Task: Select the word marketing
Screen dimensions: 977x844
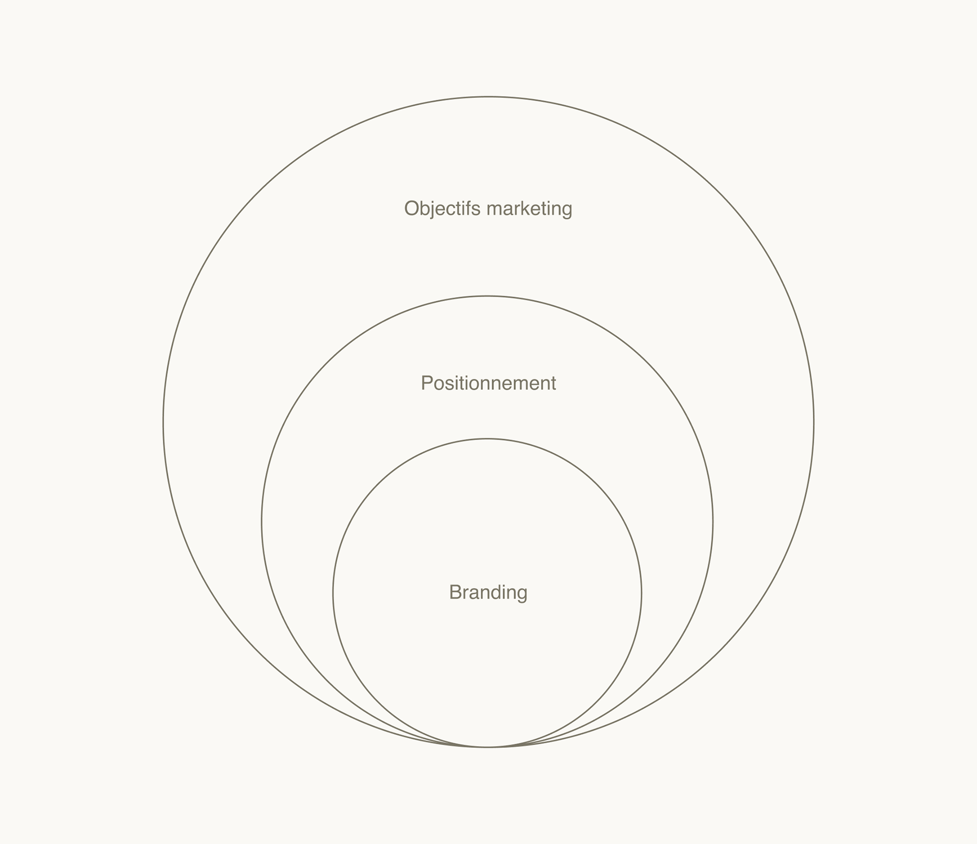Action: pos(529,209)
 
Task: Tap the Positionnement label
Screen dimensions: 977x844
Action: pos(488,383)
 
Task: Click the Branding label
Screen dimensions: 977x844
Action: pos(488,592)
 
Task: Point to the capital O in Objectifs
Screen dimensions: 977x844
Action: pos(412,209)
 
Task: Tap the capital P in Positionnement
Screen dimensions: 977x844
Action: pos(426,383)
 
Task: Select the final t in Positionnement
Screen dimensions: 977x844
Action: pos(553,384)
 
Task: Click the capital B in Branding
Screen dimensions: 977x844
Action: pos(455,592)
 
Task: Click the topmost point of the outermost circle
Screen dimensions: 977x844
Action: pos(488,97)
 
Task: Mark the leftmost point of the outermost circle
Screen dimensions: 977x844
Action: pos(163,422)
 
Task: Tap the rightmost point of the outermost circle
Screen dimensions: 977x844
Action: pos(814,422)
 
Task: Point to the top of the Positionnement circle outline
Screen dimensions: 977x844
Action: pos(487,296)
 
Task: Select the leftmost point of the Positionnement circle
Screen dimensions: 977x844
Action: pos(262,521)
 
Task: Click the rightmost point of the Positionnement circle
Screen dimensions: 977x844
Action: pos(713,521)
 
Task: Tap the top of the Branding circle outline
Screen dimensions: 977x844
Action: pos(487,439)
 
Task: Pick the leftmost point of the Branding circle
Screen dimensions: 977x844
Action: pos(333,593)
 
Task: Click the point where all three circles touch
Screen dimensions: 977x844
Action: pos(487,747)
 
